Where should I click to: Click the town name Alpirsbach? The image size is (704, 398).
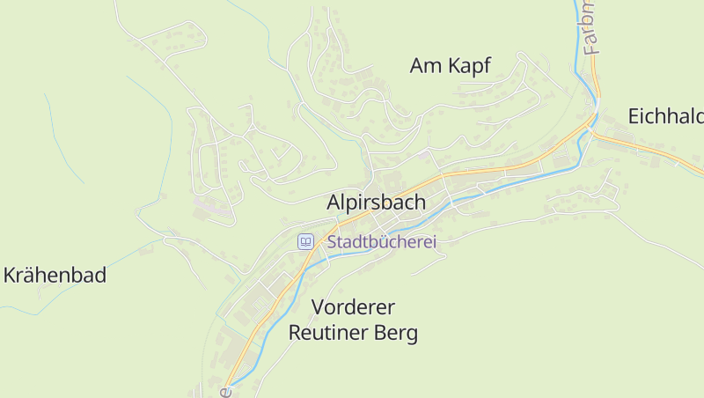(376, 202)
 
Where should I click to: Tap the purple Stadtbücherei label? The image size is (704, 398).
(382, 241)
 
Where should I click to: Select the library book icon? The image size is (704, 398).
(305, 241)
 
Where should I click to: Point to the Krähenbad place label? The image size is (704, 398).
(55, 275)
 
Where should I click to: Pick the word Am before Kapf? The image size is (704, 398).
(423, 65)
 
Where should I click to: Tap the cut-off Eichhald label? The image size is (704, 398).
(665, 116)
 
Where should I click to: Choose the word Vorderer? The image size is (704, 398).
(353, 307)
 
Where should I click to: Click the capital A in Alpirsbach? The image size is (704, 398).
(334, 202)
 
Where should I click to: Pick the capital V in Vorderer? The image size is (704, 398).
(319, 307)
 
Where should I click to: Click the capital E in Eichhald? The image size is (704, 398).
(634, 116)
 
